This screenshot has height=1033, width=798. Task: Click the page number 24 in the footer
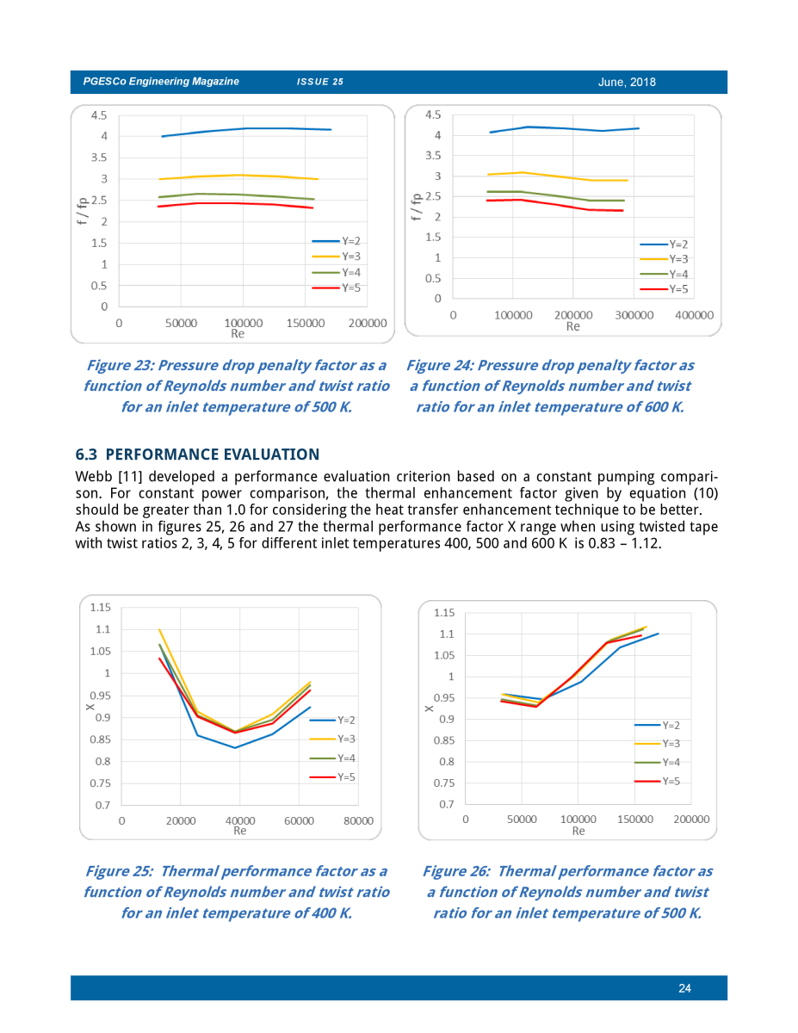click(684, 988)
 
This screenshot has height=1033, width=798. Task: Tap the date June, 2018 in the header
click(627, 82)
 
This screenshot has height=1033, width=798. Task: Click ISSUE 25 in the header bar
click(320, 82)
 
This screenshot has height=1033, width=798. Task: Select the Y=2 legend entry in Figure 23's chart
click(337, 241)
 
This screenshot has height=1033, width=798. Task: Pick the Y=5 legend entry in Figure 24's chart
click(664, 289)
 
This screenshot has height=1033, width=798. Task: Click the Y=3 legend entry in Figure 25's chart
click(332, 739)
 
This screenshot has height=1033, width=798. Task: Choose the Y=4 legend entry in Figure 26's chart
click(658, 762)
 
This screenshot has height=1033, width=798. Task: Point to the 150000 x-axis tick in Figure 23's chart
click(305, 324)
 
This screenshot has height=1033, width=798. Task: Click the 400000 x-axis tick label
click(694, 315)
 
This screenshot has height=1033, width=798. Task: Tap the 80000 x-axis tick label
click(358, 820)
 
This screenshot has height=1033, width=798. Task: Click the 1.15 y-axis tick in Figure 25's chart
click(100, 607)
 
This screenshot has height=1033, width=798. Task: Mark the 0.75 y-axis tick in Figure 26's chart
click(446, 783)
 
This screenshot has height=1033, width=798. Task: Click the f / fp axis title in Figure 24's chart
click(416, 207)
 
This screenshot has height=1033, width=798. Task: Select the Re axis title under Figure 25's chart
click(239, 831)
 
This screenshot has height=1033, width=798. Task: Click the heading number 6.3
click(86, 455)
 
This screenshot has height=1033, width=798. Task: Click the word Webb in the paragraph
click(93, 476)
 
